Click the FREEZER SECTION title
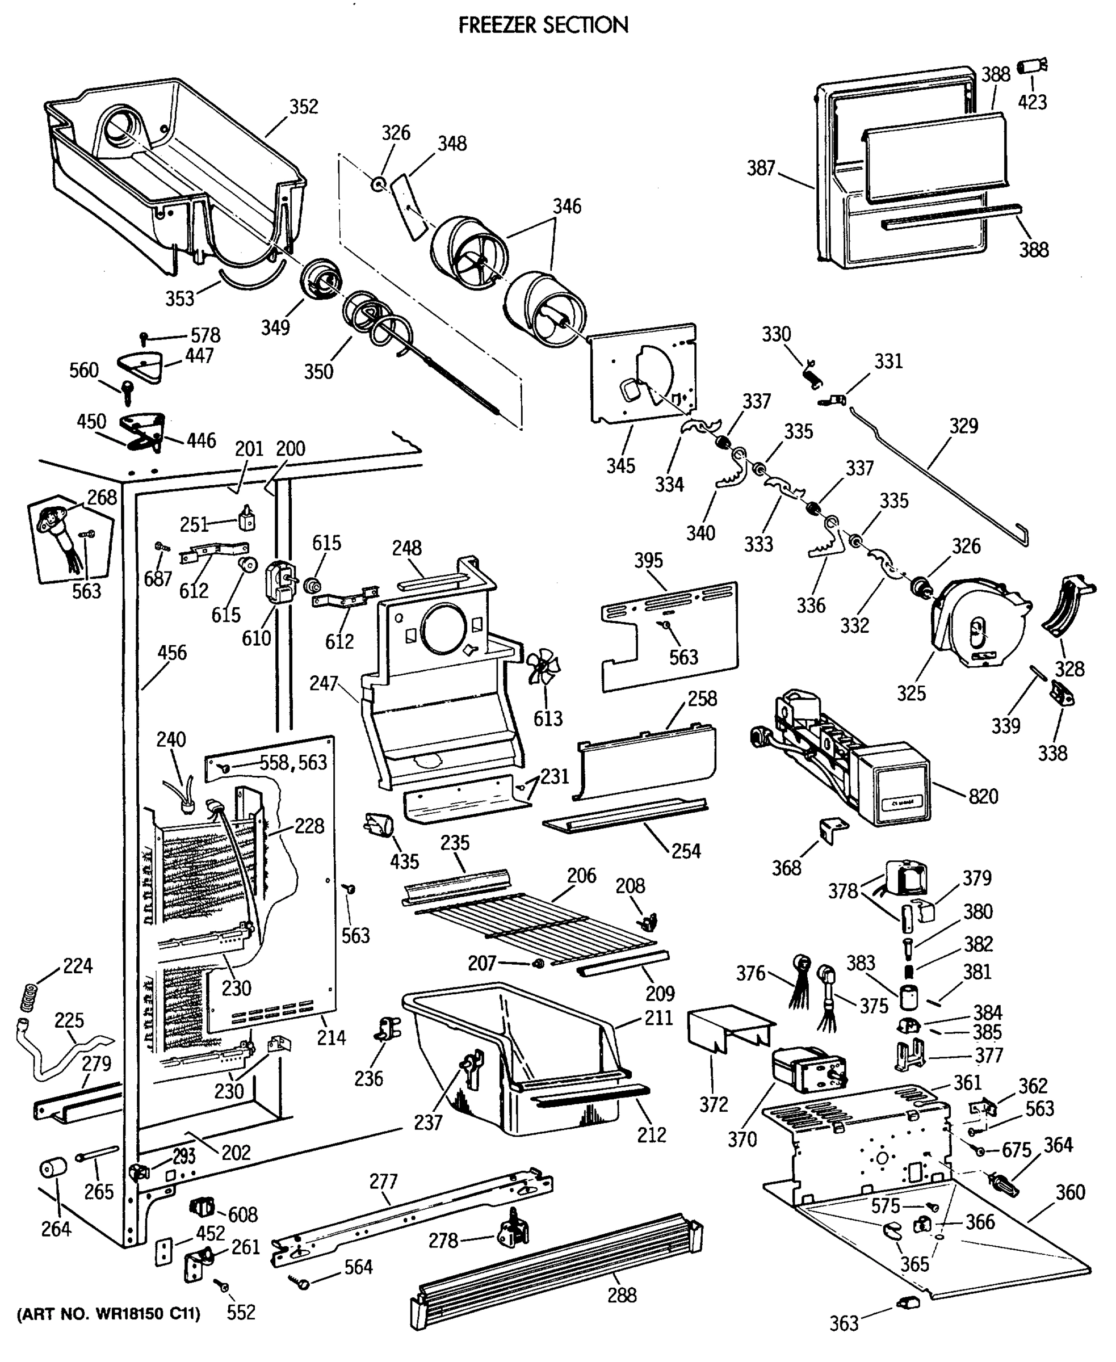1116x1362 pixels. (543, 25)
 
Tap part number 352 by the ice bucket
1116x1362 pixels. (304, 106)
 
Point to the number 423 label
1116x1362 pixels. (1033, 102)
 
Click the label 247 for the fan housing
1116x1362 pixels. (324, 683)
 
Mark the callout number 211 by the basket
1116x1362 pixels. (659, 1018)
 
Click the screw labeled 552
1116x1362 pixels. (224, 1285)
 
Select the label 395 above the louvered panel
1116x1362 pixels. (648, 560)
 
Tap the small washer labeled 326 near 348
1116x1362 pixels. (377, 185)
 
